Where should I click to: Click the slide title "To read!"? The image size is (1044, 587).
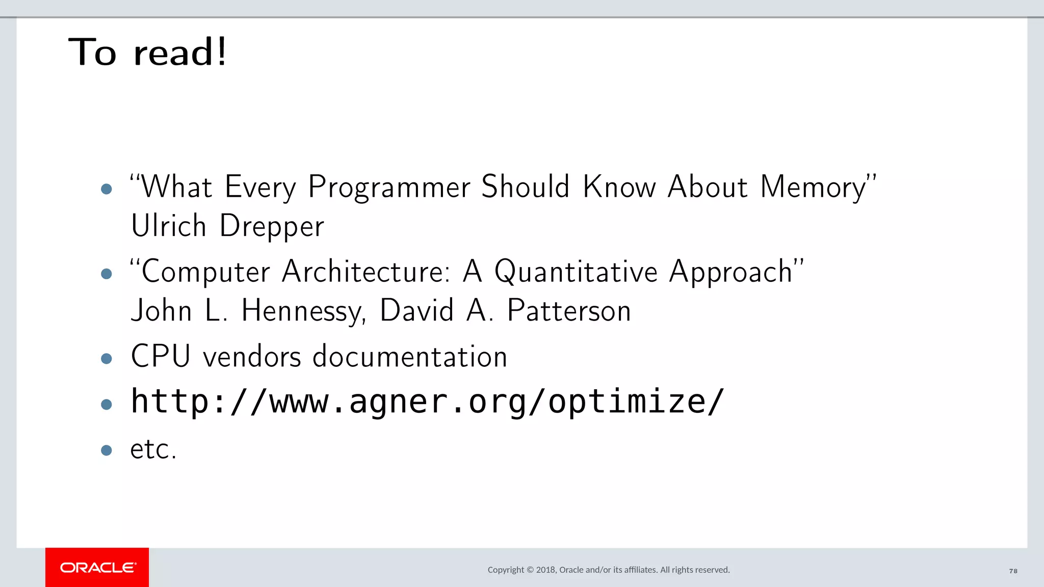[x=148, y=52]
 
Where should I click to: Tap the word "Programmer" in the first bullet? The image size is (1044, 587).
[x=389, y=188]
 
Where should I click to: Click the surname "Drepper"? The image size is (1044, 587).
[x=272, y=226]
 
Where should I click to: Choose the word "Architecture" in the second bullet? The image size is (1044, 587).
[x=366, y=271]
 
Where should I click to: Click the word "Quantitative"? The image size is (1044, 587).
[x=576, y=272]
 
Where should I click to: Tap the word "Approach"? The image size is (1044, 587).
[x=730, y=272]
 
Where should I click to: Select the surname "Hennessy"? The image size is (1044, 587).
[x=303, y=311]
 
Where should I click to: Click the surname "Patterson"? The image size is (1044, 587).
[x=569, y=310]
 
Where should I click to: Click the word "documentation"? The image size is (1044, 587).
[x=410, y=356]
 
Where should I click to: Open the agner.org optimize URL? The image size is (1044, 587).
[x=427, y=402]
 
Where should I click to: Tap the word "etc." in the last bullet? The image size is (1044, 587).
[x=153, y=449]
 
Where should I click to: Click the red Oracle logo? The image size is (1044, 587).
[x=97, y=567]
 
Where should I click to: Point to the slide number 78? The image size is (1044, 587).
[x=1013, y=571]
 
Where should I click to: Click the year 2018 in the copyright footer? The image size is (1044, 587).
[x=546, y=570]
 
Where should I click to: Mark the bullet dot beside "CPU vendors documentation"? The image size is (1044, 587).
[x=107, y=359]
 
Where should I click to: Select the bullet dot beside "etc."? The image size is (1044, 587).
[x=107, y=450]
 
